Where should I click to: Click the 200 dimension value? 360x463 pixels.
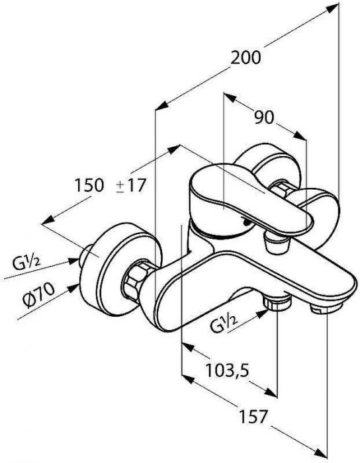tap(246, 58)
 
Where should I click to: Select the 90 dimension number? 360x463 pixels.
tap(264, 118)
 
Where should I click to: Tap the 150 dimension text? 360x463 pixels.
tap(89, 185)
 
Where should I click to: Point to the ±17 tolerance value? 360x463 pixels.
tap(131, 185)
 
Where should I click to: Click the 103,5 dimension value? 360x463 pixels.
tap(228, 370)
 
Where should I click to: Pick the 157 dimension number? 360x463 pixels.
tap(253, 417)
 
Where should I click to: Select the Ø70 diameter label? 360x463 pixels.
tap(38, 295)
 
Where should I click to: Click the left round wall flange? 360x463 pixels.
tap(121, 269)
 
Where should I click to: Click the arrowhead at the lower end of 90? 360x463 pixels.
tap(300, 136)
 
